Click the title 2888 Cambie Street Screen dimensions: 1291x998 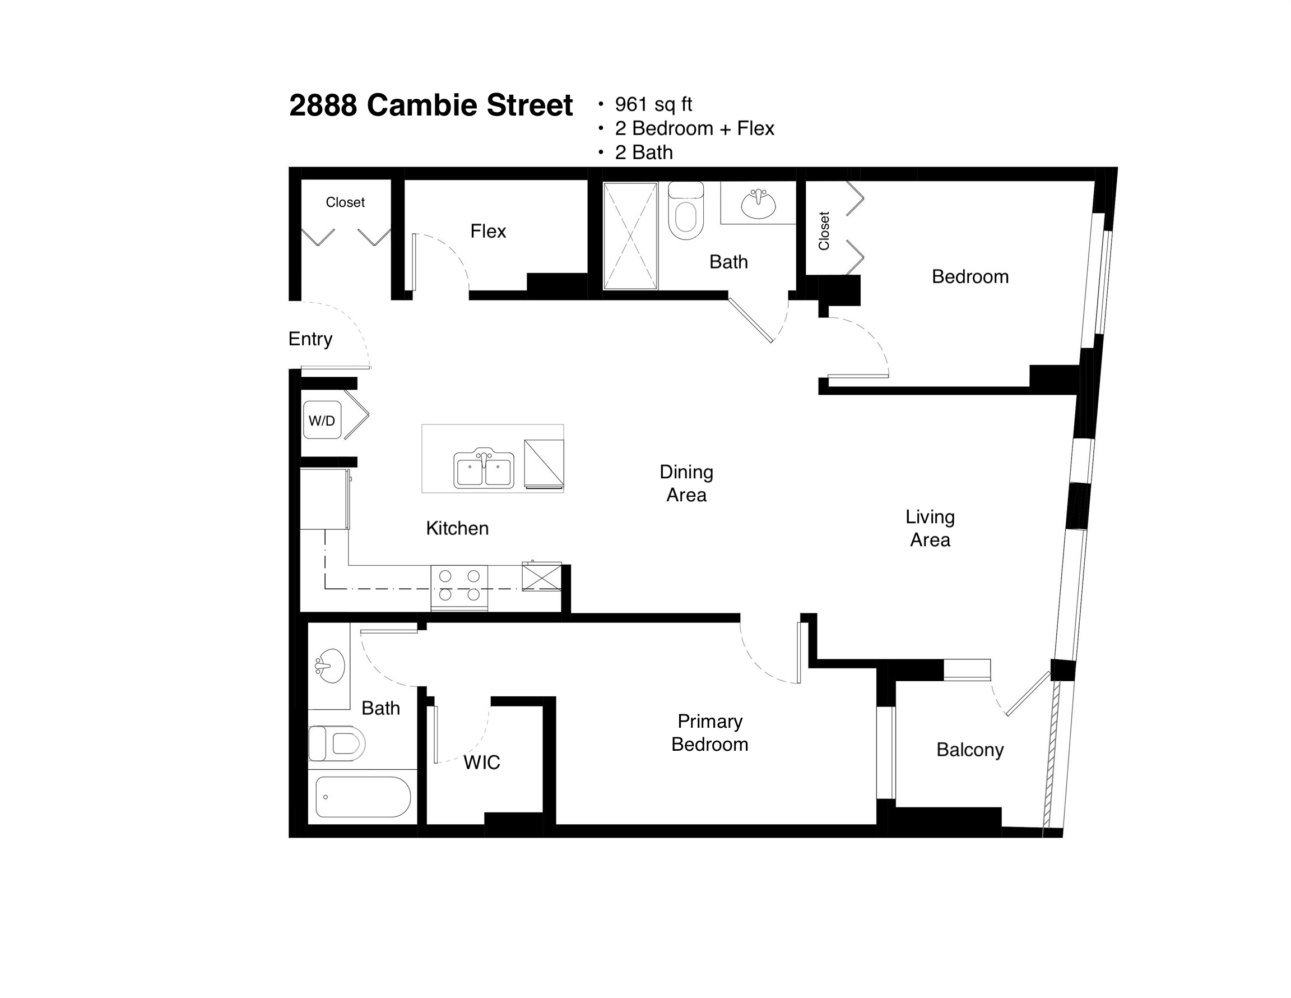[430, 105]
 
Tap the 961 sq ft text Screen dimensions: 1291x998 [653, 104]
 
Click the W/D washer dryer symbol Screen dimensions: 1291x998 [322, 420]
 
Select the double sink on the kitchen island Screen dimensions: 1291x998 [484, 468]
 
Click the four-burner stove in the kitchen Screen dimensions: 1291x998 [459, 587]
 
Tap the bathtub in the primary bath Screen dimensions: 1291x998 [363, 797]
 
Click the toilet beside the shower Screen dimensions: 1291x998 [686, 210]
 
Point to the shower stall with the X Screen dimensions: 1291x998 [630, 236]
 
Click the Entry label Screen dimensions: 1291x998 [310, 339]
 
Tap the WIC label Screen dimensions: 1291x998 [481, 763]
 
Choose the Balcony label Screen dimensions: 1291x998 [970, 750]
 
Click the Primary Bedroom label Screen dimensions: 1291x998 [710, 732]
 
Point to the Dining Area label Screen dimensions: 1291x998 [686, 483]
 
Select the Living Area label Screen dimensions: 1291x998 [930, 528]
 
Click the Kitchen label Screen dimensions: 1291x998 [458, 528]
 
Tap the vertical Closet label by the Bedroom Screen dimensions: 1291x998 [824, 230]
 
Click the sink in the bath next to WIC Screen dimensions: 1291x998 [329, 666]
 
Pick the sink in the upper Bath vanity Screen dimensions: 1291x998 [758, 204]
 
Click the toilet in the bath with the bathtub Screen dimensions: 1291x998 [337, 743]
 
